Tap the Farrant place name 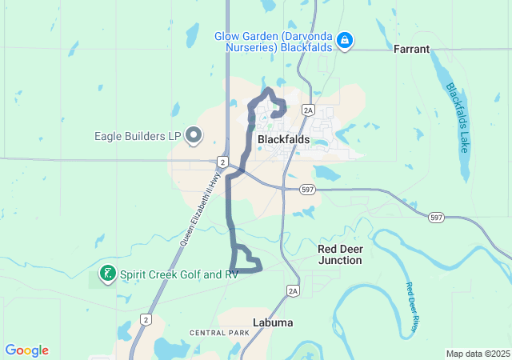tap(411, 49)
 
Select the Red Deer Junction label tap(340, 254)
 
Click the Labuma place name tap(272, 322)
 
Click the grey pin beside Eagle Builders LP tap(193, 136)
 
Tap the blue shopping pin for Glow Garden tap(345, 40)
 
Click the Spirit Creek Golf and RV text tap(179, 274)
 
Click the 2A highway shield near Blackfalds tap(308, 110)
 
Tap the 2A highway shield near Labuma tap(293, 290)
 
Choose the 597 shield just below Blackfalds tap(306, 190)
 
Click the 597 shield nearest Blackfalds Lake tap(436, 218)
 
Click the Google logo tap(27, 350)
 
